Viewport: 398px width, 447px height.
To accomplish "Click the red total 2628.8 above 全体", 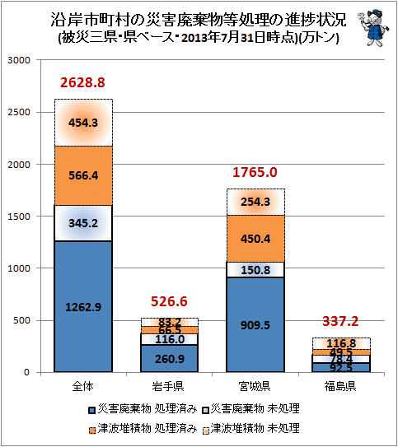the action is [82, 82].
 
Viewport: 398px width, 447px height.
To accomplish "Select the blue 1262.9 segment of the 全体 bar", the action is [83, 306].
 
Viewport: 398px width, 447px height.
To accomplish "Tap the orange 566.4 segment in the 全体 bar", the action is [83, 175].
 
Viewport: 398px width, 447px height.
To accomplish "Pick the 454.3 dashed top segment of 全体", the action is [83, 123].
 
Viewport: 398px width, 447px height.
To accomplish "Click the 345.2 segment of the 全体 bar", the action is [83, 223].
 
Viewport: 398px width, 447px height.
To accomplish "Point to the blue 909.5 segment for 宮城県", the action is [255, 324].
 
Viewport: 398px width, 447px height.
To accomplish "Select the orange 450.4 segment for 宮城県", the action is [255, 239].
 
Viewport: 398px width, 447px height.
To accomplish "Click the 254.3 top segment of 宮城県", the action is [255, 202].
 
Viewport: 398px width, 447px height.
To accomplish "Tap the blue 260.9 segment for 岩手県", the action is [170, 358].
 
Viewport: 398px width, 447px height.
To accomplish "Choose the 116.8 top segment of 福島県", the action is [341, 343].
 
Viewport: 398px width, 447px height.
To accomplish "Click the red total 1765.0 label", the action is [255, 172].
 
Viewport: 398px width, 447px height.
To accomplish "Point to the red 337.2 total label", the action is [340, 321].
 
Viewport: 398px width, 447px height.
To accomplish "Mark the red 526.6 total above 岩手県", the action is [169, 301].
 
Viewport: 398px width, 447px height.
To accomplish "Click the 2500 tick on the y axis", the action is [19, 112].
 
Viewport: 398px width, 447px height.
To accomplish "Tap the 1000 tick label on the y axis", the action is [19, 268].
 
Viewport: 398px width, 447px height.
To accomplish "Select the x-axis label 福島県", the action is [340, 386].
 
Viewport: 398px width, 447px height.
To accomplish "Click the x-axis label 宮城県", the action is [255, 386].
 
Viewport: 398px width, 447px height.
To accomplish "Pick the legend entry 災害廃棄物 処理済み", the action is [143, 409].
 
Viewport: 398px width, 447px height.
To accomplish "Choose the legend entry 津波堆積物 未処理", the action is [251, 428].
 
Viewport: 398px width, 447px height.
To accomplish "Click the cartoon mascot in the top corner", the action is [373, 28].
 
